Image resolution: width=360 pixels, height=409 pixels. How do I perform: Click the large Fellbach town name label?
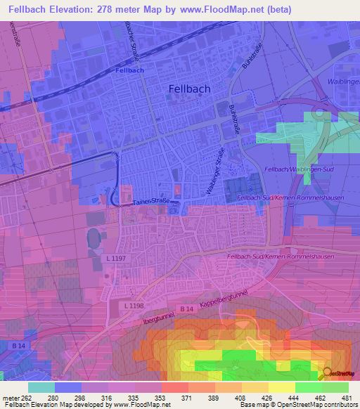click(x=189, y=89)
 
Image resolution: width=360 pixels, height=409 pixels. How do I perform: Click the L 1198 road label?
click(x=134, y=305)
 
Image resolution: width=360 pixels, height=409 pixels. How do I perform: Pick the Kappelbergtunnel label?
click(x=224, y=303)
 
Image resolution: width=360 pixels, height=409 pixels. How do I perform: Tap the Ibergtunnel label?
click(x=160, y=313)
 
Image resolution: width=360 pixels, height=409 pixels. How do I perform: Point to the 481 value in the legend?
click(x=347, y=398)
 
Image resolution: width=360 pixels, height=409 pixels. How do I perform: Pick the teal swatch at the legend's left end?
click(x=41, y=387)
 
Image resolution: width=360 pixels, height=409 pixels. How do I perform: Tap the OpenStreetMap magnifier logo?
click(x=326, y=373)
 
